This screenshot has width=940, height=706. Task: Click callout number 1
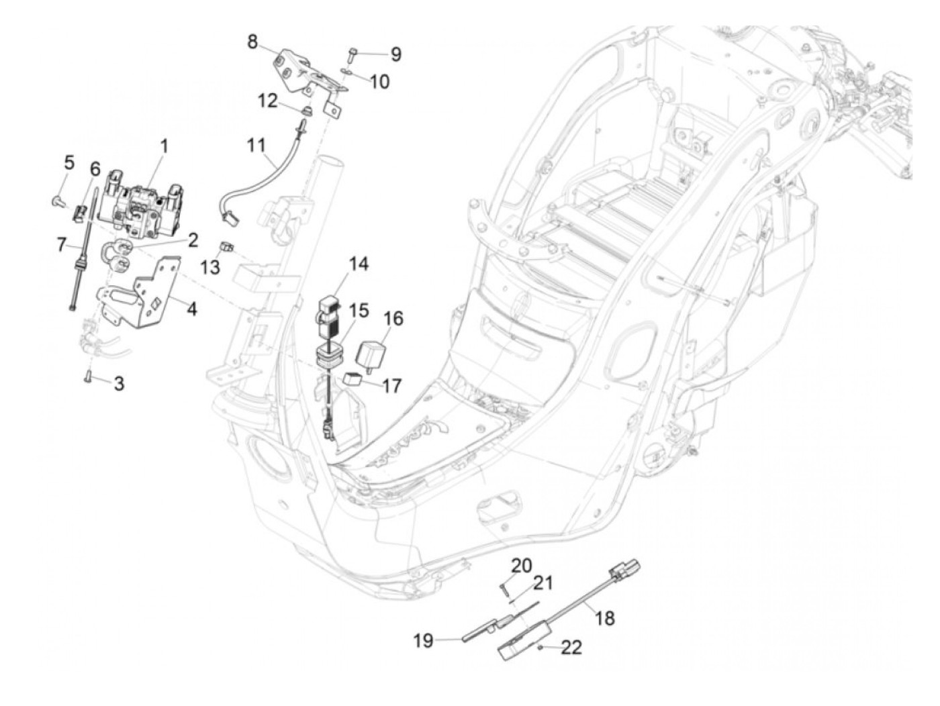164,145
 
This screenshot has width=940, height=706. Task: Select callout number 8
252,42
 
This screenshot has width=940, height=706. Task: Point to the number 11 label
256,145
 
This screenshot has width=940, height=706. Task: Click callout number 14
359,264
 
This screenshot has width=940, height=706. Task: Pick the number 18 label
604,617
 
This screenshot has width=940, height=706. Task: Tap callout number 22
571,647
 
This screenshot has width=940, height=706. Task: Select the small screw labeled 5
57,199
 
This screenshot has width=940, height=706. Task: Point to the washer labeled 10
345,71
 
